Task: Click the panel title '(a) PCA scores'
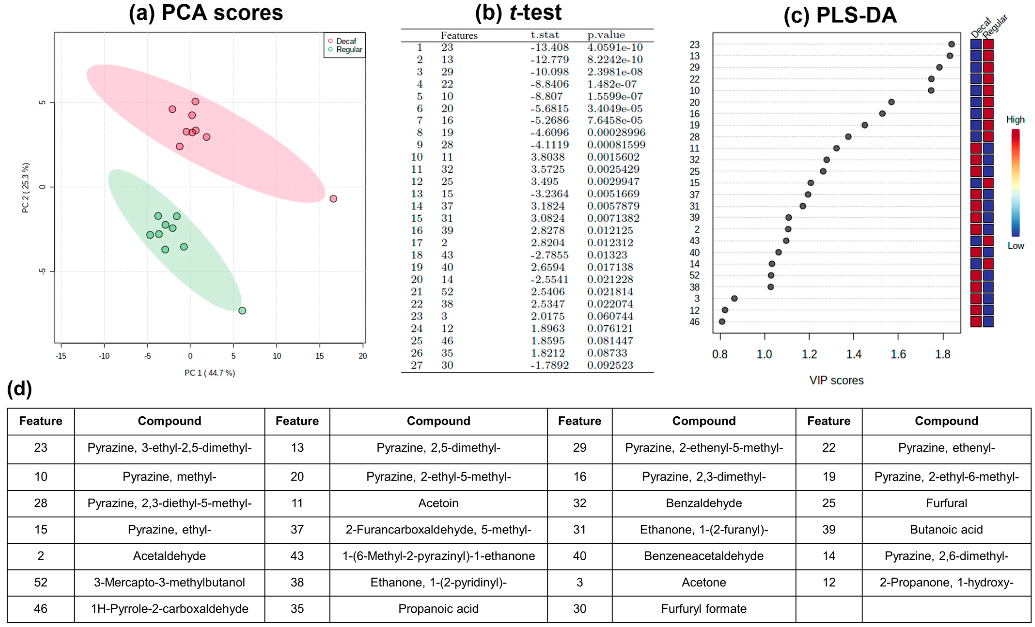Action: pos(206,13)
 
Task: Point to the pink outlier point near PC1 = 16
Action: pos(333,199)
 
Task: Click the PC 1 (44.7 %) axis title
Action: pos(210,373)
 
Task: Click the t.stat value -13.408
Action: pos(549,47)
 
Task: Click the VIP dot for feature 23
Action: pos(951,44)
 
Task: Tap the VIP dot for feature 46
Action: pos(722,322)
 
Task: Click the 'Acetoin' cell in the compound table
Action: pos(438,503)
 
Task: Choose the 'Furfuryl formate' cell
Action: pos(704,609)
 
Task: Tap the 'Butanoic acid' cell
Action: pos(946,530)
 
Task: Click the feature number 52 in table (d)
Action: pos(41,582)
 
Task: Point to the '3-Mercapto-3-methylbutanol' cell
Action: pos(169,582)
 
